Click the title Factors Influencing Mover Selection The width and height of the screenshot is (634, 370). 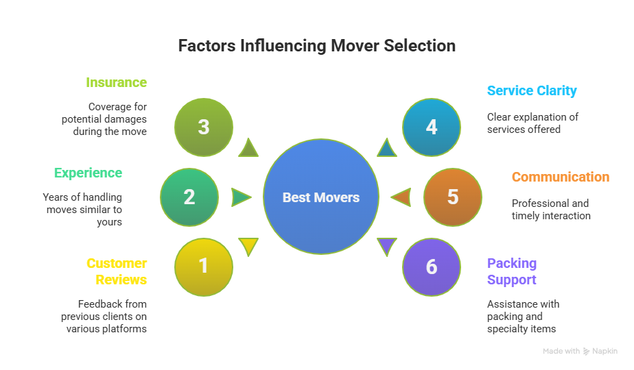[x=316, y=46]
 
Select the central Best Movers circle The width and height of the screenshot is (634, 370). [x=321, y=197]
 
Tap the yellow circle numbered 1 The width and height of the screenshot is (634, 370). [x=203, y=266]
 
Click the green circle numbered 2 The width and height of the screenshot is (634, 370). [x=189, y=197]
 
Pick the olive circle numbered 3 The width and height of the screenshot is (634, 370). [x=203, y=127]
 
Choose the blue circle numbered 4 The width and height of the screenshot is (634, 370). [x=431, y=127]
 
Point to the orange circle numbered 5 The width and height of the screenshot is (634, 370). [x=452, y=197]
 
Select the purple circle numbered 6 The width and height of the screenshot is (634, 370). [x=431, y=266]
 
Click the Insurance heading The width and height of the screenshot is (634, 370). [x=116, y=82]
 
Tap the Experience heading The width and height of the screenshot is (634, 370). [x=88, y=173]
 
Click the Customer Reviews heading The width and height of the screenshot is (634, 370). [x=117, y=271]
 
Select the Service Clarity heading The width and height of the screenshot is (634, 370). [x=532, y=90]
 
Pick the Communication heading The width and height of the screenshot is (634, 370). [x=560, y=177]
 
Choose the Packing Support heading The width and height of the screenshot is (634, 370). [x=512, y=271]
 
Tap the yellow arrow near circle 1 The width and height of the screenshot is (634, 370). [x=248, y=245]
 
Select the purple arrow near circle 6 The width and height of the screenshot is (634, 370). [x=387, y=245]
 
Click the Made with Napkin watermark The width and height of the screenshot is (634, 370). [x=580, y=351]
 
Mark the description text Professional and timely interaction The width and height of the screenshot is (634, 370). [x=550, y=210]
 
